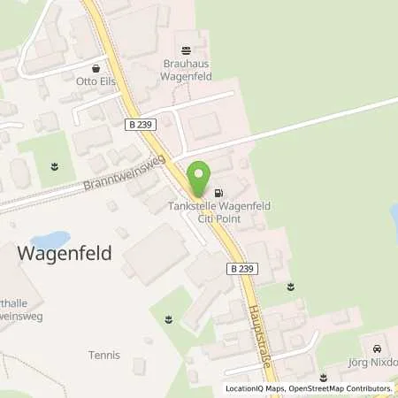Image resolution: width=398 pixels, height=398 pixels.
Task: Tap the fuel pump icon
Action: (x=219, y=192)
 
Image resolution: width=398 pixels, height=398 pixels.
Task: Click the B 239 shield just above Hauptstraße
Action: (x=241, y=267)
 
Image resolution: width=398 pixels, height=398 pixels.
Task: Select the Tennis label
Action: (x=103, y=356)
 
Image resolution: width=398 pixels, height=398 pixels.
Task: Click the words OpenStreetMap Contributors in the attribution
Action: (x=340, y=387)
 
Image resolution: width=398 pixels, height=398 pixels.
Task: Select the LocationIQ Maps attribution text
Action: (x=255, y=387)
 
